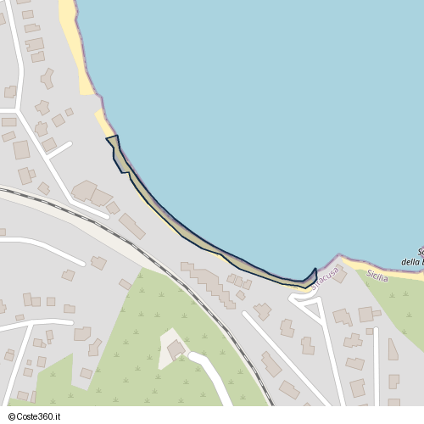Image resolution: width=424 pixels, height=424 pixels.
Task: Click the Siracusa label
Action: (325, 278)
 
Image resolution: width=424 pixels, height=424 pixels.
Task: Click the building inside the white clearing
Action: (176, 349)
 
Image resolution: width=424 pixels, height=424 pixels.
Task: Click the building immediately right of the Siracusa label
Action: (338, 276)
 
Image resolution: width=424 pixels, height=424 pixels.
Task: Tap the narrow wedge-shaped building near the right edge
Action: (393, 349)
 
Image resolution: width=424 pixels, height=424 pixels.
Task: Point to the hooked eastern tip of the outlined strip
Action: (313, 276)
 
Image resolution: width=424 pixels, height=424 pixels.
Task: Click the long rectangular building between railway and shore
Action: (131, 225)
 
